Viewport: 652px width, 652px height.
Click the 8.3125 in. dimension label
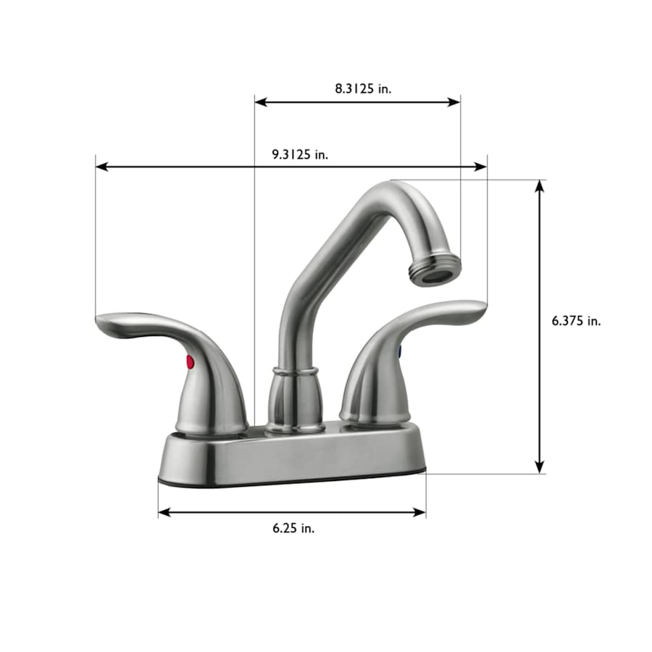[362, 88]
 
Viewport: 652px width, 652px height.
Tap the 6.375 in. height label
[576, 321]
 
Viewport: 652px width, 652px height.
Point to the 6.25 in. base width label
[293, 528]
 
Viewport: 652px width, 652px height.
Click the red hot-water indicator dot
[190, 361]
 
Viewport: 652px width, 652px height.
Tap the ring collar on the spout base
[294, 372]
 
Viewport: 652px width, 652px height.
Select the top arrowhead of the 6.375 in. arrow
[539, 185]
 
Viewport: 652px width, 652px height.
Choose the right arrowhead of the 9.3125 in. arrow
[481, 167]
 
